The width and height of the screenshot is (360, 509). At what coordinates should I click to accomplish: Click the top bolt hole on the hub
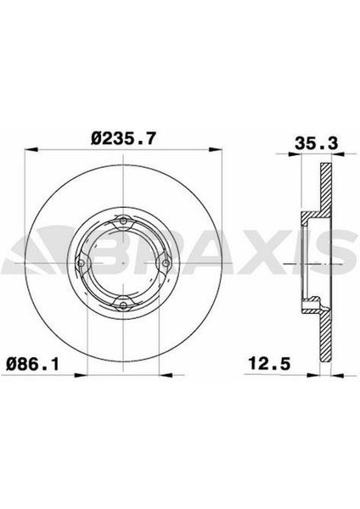124,222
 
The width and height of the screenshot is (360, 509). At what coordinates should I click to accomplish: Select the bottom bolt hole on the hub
124,299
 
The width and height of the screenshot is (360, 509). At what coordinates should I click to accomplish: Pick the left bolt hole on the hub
82,262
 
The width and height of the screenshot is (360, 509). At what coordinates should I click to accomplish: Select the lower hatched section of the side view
323,335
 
